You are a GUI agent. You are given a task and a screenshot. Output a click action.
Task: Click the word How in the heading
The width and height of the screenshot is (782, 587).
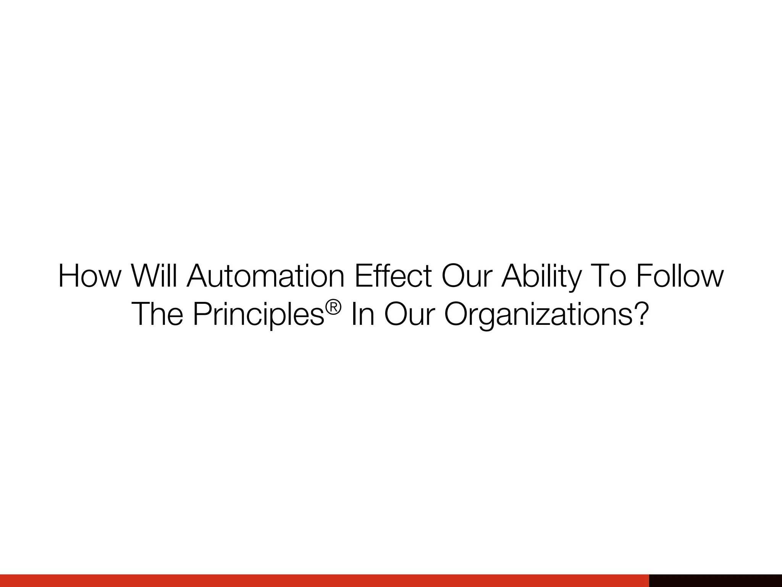89,276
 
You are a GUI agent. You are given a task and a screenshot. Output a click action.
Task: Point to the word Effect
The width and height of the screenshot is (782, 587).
393,276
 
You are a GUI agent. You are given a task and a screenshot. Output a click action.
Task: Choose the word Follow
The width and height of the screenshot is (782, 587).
680,276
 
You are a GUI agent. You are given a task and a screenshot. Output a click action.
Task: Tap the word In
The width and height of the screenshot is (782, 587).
362,314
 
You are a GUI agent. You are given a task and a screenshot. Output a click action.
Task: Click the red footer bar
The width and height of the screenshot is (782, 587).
325,581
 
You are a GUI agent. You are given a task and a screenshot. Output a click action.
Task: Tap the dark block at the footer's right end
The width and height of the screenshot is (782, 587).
715,581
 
